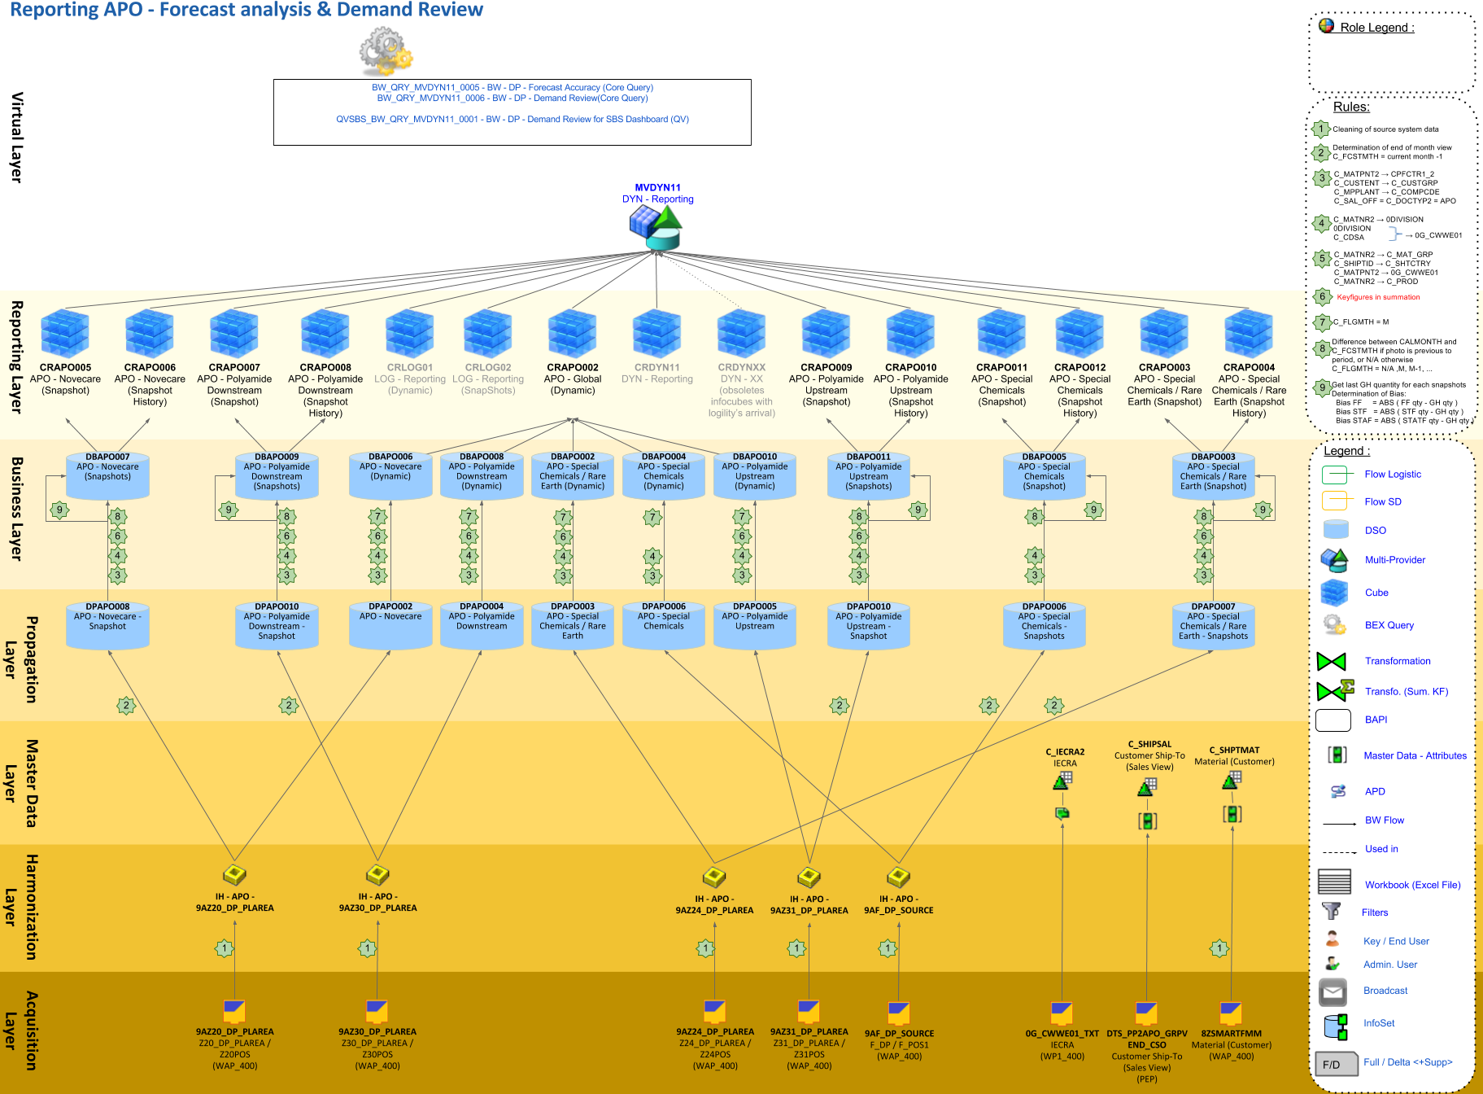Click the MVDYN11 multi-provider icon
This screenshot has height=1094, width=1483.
[656, 227]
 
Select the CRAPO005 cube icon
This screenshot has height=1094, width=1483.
[65, 333]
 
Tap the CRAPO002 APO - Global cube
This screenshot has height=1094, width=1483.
[573, 333]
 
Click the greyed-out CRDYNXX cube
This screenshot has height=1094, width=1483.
[741, 333]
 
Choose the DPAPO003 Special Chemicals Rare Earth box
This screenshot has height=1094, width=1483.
[573, 625]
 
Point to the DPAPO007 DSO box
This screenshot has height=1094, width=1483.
[1213, 625]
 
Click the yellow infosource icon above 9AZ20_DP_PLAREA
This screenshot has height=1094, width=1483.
[234, 874]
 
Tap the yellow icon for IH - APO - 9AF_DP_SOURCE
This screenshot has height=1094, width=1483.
[898, 877]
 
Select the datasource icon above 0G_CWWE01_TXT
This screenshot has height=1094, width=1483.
[1062, 1013]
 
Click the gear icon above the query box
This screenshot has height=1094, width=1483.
[386, 51]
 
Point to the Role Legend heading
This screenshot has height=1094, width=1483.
[1376, 28]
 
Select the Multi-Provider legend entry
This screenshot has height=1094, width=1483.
[1394, 560]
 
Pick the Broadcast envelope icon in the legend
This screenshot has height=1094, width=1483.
[1333, 991]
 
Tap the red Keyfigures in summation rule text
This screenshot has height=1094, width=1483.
[1378, 297]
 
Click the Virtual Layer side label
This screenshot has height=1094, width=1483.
[16, 137]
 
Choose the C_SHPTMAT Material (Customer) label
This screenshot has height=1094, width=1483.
[1234, 756]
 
